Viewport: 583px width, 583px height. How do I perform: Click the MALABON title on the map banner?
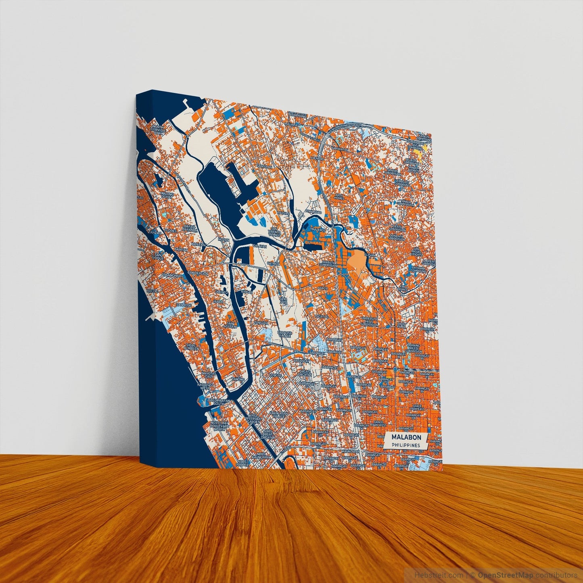(x=406, y=437)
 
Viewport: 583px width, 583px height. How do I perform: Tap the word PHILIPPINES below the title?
(x=406, y=445)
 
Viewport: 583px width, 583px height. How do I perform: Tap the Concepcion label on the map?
(x=198, y=274)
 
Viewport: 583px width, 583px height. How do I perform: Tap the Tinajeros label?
(x=317, y=229)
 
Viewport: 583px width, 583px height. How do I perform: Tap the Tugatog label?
(x=322, y=316)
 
